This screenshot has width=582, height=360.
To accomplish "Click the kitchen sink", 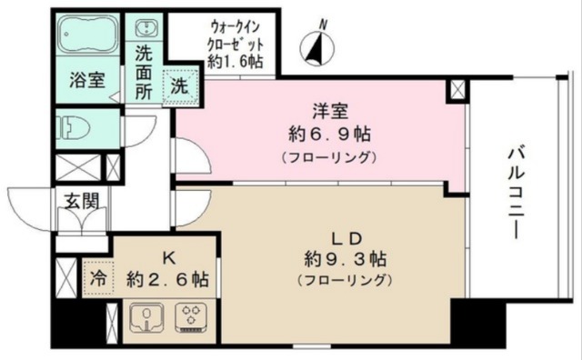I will pos(145,319).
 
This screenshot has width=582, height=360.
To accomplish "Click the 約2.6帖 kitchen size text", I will pos(168,279).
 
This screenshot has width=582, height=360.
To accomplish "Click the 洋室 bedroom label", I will pos(326,112).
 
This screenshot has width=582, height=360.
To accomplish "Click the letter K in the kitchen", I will pos(170,257).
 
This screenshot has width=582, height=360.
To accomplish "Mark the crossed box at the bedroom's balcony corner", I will pos(457,90).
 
